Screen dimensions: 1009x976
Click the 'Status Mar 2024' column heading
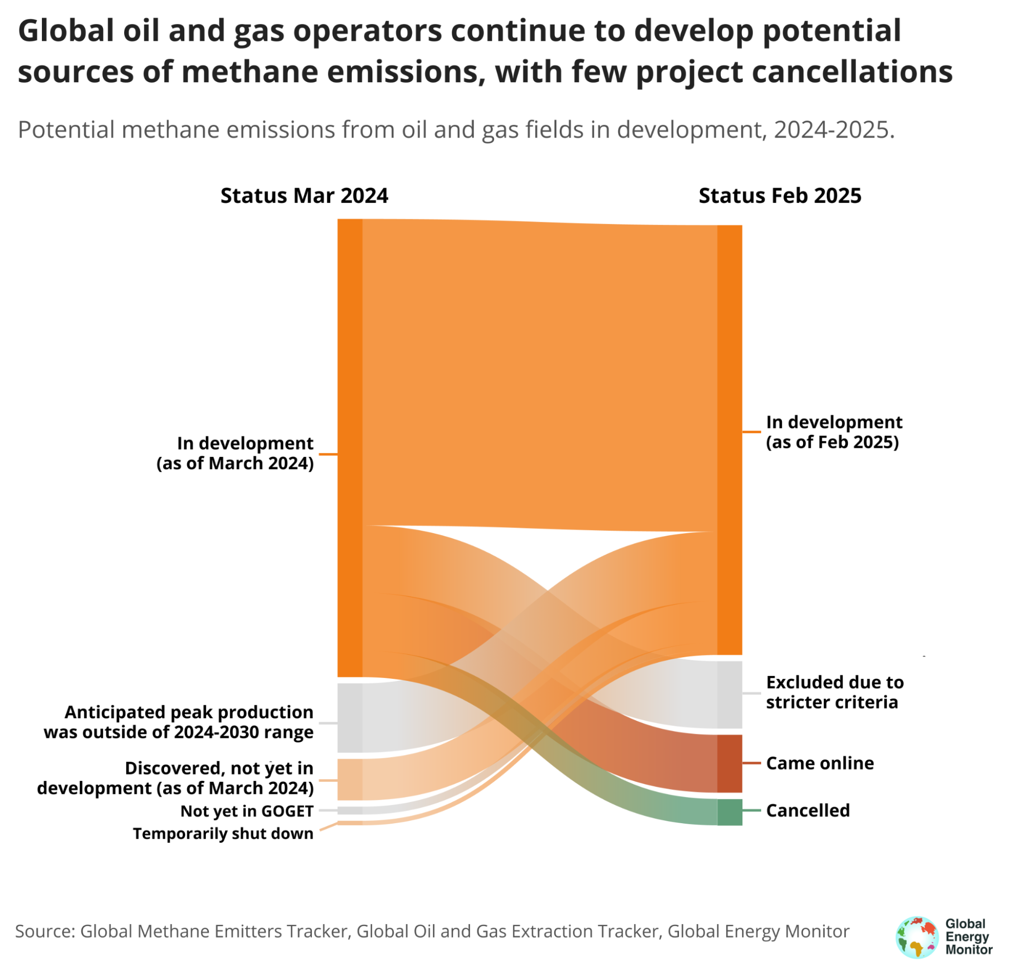pyautogui.click(x=304, y=196)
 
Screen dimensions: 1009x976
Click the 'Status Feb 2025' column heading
pyautogui.click(x=780, y=196)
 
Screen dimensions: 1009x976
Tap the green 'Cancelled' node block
pyautogui.click(x=729, y=813)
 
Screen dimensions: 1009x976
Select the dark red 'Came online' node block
pyautogui.click(x=729, y=764)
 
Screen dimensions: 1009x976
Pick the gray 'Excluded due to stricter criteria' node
pyautogui.click(x=729, y=695)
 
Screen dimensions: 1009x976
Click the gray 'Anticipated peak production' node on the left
pyautogui.click(x=350, y=718)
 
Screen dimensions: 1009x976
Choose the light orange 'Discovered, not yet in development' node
pyautogui.click(x=350, y=779)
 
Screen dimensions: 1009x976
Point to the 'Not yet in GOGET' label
pyautogui.click(x=247, y=812)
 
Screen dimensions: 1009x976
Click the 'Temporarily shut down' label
pyautogui.click(x=224, y=833)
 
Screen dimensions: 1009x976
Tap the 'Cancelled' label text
pyautogui.click(x=808, y=811)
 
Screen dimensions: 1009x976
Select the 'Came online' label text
pyautogui.click(x=820, y=764)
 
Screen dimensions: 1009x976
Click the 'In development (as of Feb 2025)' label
pyautogui.click(x=834, y=432)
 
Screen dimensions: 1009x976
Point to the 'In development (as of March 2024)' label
pyautogui.click(x=235, y=453)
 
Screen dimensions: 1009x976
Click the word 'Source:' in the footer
pyautogui.click(x=45, y=931)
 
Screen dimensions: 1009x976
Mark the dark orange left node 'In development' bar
pyautogui.click(x=350, y=447)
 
